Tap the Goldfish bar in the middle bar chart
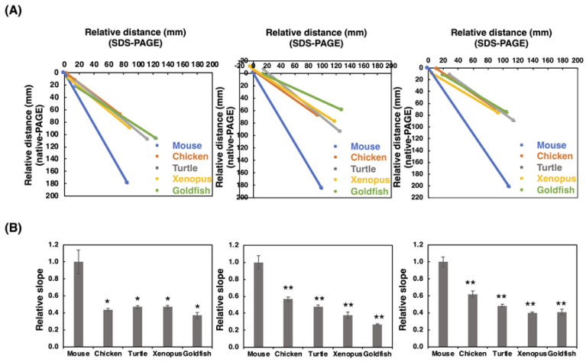click(x=376, y=335)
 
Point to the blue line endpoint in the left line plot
click(x=127, y=183)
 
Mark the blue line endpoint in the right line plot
click(x=509, y=186)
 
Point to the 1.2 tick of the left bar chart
click(x=56, y=244)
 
